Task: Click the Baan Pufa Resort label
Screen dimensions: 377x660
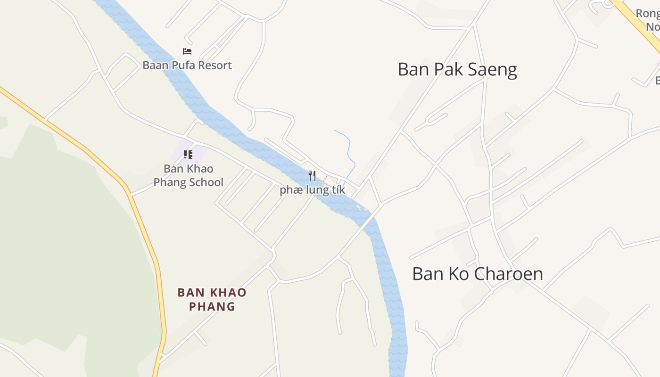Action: pos(187,65)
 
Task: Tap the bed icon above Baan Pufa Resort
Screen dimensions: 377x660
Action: pos(187,51)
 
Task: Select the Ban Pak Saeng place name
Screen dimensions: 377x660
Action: pos(457,69)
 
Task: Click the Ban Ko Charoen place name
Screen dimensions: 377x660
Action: pos(477,274)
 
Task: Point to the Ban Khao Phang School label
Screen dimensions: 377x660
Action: pos(189,175)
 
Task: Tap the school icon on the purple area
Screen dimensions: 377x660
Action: pos(188,154)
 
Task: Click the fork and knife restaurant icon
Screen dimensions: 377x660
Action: pos(312,176)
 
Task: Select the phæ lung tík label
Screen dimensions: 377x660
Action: pos(312,190)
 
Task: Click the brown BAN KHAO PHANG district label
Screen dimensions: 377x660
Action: pos(212,299)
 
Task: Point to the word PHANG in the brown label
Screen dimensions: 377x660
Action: pos(212,306)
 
